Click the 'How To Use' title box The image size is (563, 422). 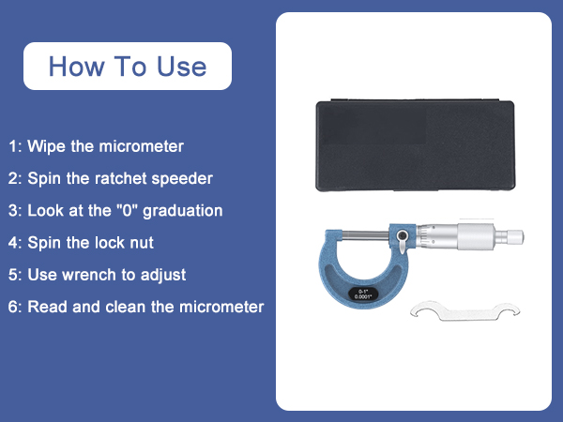click(127, 67)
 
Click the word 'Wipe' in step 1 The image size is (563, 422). click(43, 146)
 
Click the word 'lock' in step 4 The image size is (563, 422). click(104, 243)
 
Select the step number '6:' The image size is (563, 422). click(15, 307)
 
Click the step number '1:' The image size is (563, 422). click(15, 146)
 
